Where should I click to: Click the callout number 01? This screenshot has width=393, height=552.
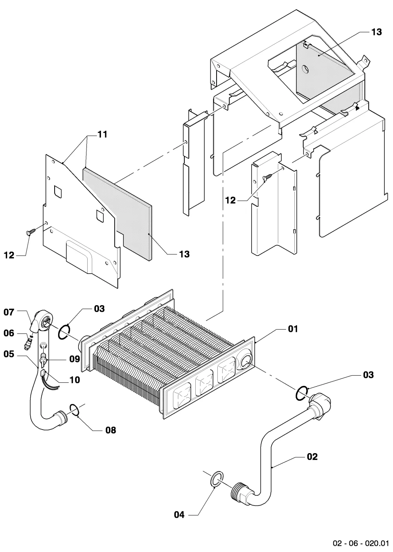tap(293, 329)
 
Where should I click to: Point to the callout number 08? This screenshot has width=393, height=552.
tap(110, 430)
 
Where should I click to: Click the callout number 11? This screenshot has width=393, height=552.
tap(102, 135)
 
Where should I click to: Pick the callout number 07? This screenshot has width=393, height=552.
tap(9, 312)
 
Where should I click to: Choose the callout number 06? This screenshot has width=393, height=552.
tap(9, 333)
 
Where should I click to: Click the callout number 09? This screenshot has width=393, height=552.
tap(75, 359)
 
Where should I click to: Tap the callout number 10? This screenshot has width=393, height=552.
tap(75, 380)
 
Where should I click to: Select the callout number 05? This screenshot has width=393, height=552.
tap(9, 354)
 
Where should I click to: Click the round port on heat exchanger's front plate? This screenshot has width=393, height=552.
tap(245, 362)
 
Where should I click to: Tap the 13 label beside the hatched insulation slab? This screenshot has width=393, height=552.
tap(184, 254)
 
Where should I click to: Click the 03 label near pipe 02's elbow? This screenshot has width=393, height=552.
tap(368, 375)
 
